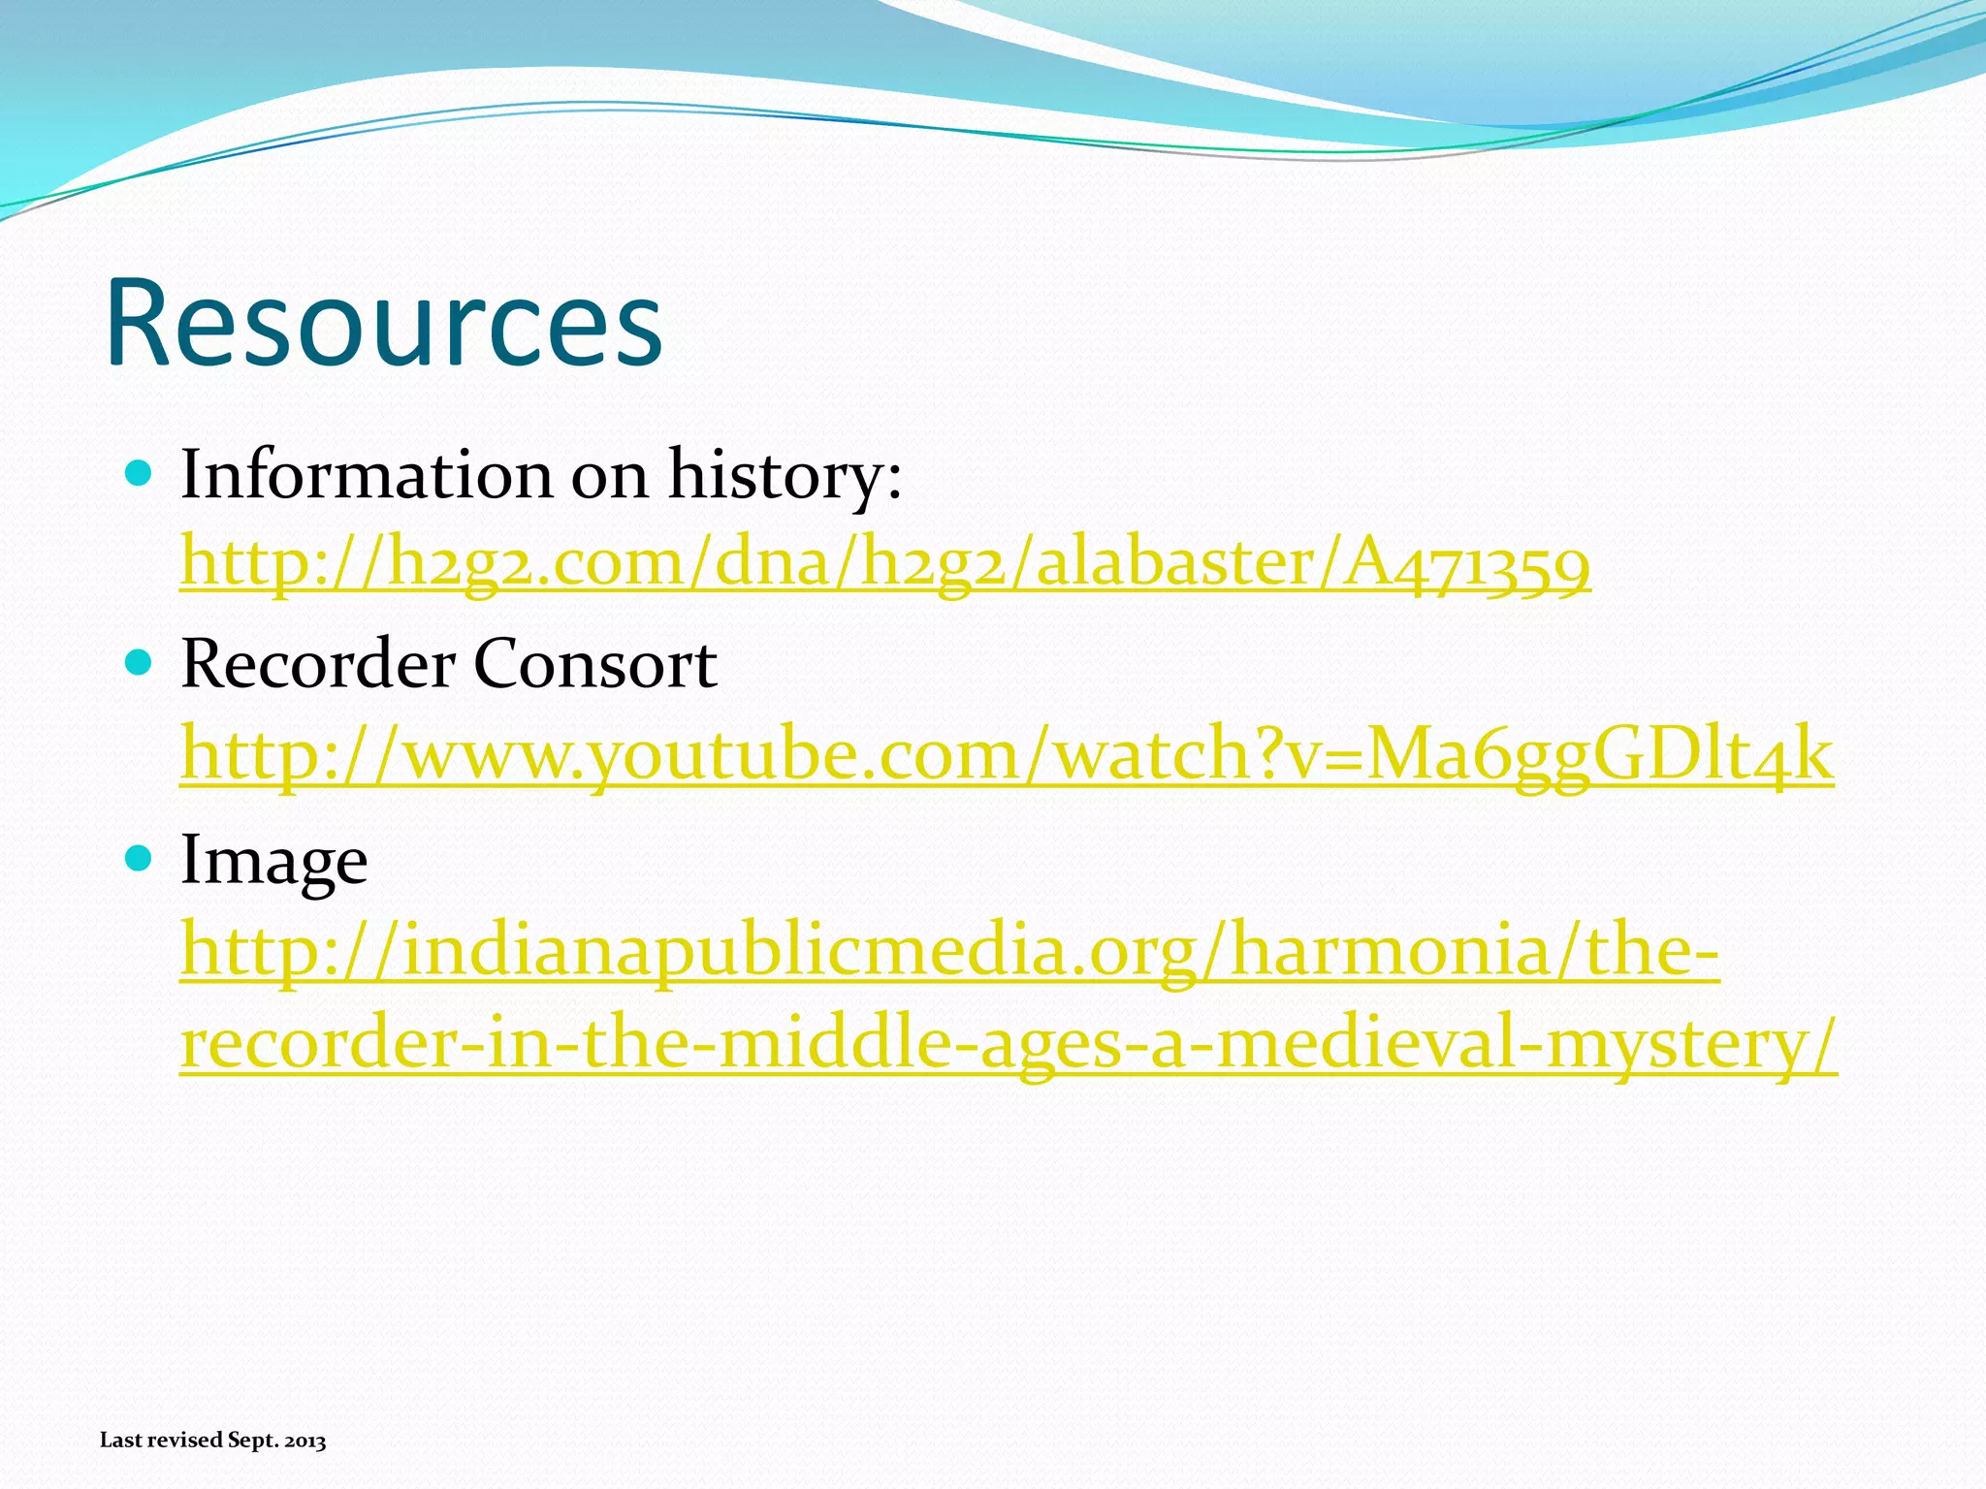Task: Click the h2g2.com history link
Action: [884, 562]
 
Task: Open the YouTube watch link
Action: [1007, 754]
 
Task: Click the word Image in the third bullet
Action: [274, 861]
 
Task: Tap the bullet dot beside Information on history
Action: [140, 474]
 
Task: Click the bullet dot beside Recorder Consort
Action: [140, 663]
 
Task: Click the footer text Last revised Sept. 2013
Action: [212, 1440]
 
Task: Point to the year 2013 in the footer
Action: [305, 1441]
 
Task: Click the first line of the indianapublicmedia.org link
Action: [950, 950]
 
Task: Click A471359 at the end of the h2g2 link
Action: [1466, 562]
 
